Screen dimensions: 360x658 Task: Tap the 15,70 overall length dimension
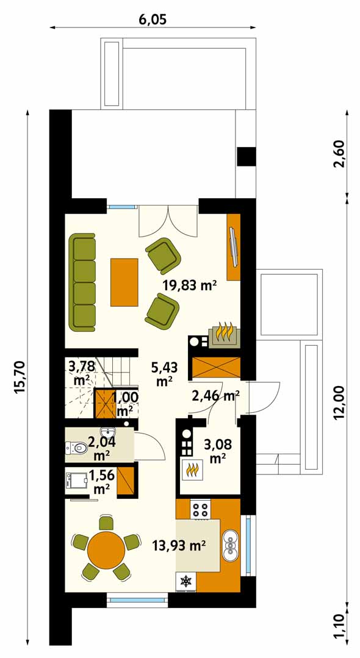[20, 377]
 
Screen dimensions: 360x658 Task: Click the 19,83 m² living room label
[190, 286]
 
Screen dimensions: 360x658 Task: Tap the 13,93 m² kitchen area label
[179, 546]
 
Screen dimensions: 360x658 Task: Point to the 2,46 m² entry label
[215, 396]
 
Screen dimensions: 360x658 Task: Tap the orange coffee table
[124, 282]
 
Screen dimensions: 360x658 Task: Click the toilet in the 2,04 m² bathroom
[76, 448]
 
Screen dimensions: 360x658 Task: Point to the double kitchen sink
[231, 545]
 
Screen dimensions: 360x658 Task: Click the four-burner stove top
[200, 509]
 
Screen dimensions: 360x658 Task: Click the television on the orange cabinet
[234, 247]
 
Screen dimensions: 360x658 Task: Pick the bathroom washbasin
[109, 432]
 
